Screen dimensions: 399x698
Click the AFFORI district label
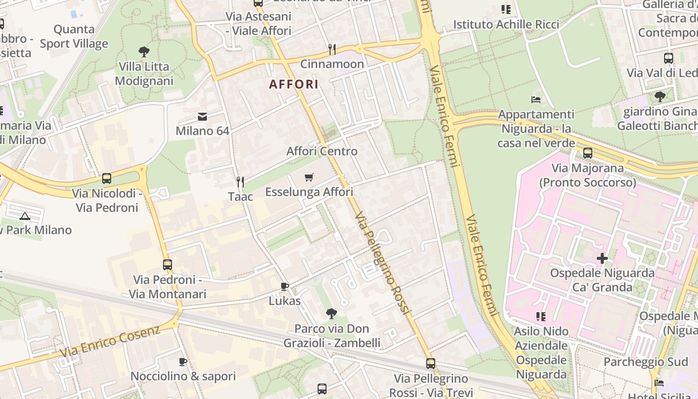pos(294,84)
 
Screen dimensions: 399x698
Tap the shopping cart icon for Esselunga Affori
pos(309,177)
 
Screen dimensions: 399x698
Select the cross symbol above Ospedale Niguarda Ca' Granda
pos(602,258)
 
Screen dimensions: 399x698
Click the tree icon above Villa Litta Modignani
pos(144,51)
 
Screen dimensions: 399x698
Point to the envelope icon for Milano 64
pos(202,117)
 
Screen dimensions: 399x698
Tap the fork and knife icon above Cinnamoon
pos(332,49)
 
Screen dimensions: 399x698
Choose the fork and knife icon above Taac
pos(240,182)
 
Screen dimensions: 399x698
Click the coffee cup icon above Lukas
pos(285,286)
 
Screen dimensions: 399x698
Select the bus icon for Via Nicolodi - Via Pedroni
pos(107,179)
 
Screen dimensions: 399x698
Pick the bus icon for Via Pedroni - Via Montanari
pos(168,265)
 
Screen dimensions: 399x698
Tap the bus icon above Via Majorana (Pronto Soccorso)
pos(588,153)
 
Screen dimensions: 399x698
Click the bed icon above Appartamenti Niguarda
pos(536,100)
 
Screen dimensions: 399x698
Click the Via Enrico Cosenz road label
pos(111,341)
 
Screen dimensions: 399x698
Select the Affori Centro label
pos(322,151)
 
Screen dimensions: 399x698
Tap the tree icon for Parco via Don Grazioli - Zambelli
pos(331,314)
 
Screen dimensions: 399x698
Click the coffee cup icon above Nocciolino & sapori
pos(183,362)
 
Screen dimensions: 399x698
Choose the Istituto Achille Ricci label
pos(506,24)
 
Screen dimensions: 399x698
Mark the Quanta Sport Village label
pos(74,36)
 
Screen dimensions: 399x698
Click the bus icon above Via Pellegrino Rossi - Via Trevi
pos(431,364)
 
